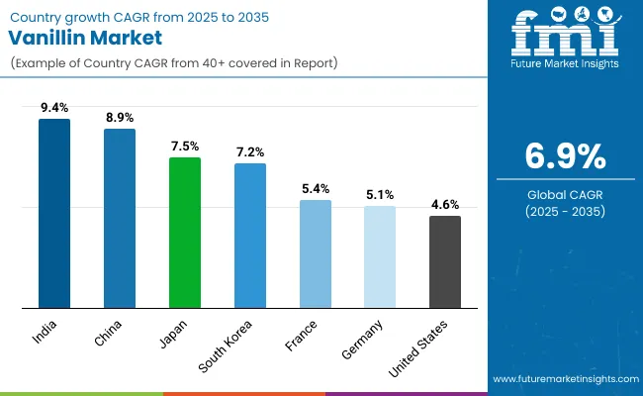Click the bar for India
[x=54, y=213]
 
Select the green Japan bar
[x=185, y=233]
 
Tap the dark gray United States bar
[x=445, y=261]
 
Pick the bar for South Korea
[x=250, y=236]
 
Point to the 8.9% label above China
[x=120, y=118]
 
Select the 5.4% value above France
[x=316, y=189]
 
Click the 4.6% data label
[x=445, y=205]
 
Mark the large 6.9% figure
[x=564, y=156]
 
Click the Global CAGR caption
[x=564, y=194]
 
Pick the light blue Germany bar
[x=380, y=256]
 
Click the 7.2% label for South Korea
[x=250, y=152]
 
